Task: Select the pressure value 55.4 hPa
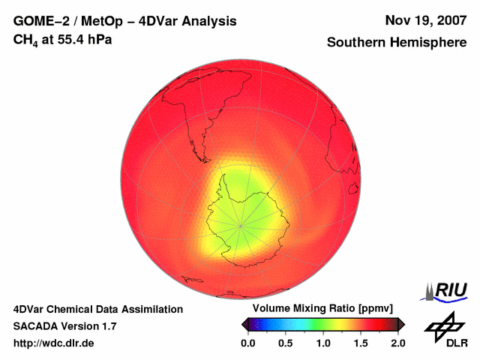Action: click(84, 39)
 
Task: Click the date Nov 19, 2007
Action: click(424, 20)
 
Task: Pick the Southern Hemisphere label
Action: click(396, 43)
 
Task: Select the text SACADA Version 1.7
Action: click(64, 326)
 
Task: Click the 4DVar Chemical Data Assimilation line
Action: click(97, 309)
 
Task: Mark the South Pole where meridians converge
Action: click(240, 224)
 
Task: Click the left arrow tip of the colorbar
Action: click(242, 324)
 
